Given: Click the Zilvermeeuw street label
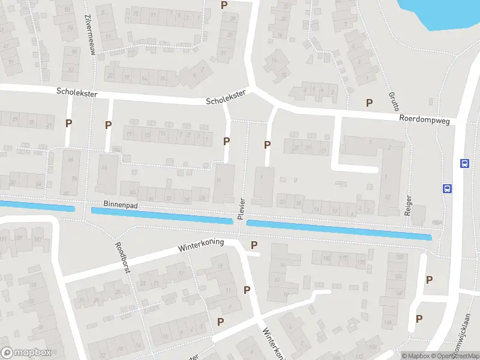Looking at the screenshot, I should (91, 35).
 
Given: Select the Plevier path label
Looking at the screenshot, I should (241, 209).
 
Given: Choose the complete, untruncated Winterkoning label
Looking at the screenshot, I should (201, 245).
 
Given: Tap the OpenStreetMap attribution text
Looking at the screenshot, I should (454, 356).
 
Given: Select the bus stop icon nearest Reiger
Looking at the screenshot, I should (446, 188).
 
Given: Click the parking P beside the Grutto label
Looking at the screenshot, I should (369, 103).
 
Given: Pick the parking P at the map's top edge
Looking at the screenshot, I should (224, 5).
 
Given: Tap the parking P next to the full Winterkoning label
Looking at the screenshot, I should (254, 245).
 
